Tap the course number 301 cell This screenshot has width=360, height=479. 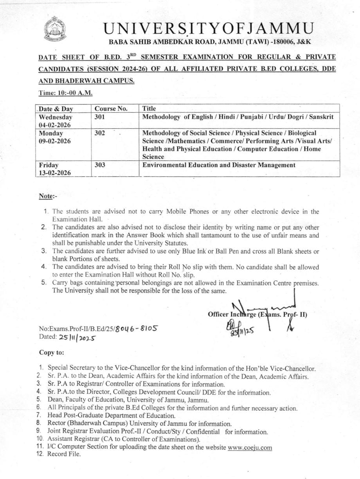(100, 117)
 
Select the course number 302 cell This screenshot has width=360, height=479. (100, 133)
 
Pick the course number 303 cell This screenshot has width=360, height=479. (100, 165)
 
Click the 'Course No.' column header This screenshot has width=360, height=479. (111, 109)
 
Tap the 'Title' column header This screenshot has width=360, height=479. (149, 109)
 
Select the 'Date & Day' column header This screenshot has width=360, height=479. (56, 109)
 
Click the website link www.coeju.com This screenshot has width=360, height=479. (250, 447)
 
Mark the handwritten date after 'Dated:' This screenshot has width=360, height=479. (77, 337)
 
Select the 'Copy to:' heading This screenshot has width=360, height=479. (51, 352)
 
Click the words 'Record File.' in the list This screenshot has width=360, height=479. (64, 454)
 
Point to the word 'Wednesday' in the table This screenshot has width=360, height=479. (55, 117)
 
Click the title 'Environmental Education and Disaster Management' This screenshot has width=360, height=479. (219, 165)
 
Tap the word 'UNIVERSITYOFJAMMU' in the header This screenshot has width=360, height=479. (208, 29)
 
